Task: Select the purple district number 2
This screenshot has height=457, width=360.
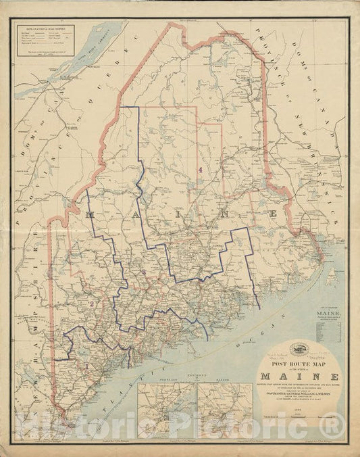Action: pyautogui.click(x=90, y=304)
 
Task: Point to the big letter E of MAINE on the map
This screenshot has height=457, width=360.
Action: pyautogui.click(x=274, y=214)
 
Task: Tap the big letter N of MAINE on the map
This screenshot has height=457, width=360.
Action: pyautogui.click(x=230, y=214)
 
